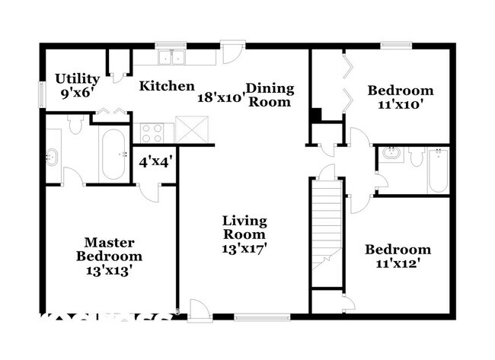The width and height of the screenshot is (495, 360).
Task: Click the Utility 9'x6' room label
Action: pos(77,85)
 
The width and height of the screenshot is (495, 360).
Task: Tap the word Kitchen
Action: pos(166,86)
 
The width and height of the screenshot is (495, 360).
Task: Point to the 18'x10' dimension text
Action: pos(221,97)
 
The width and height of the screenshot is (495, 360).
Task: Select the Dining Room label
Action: pos(270,94)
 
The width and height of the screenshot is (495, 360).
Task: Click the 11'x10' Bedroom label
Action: pos(400,98)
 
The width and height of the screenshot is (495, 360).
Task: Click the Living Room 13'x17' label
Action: pos(244,234)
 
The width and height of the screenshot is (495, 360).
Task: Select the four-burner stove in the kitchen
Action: pos(152,132)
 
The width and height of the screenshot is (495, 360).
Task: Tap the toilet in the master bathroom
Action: pos(75,124)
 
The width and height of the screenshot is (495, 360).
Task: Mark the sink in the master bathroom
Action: pos(52,158)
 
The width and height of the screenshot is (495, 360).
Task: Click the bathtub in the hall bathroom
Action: pos(437,170)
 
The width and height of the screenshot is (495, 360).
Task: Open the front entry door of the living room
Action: pos(199,311)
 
